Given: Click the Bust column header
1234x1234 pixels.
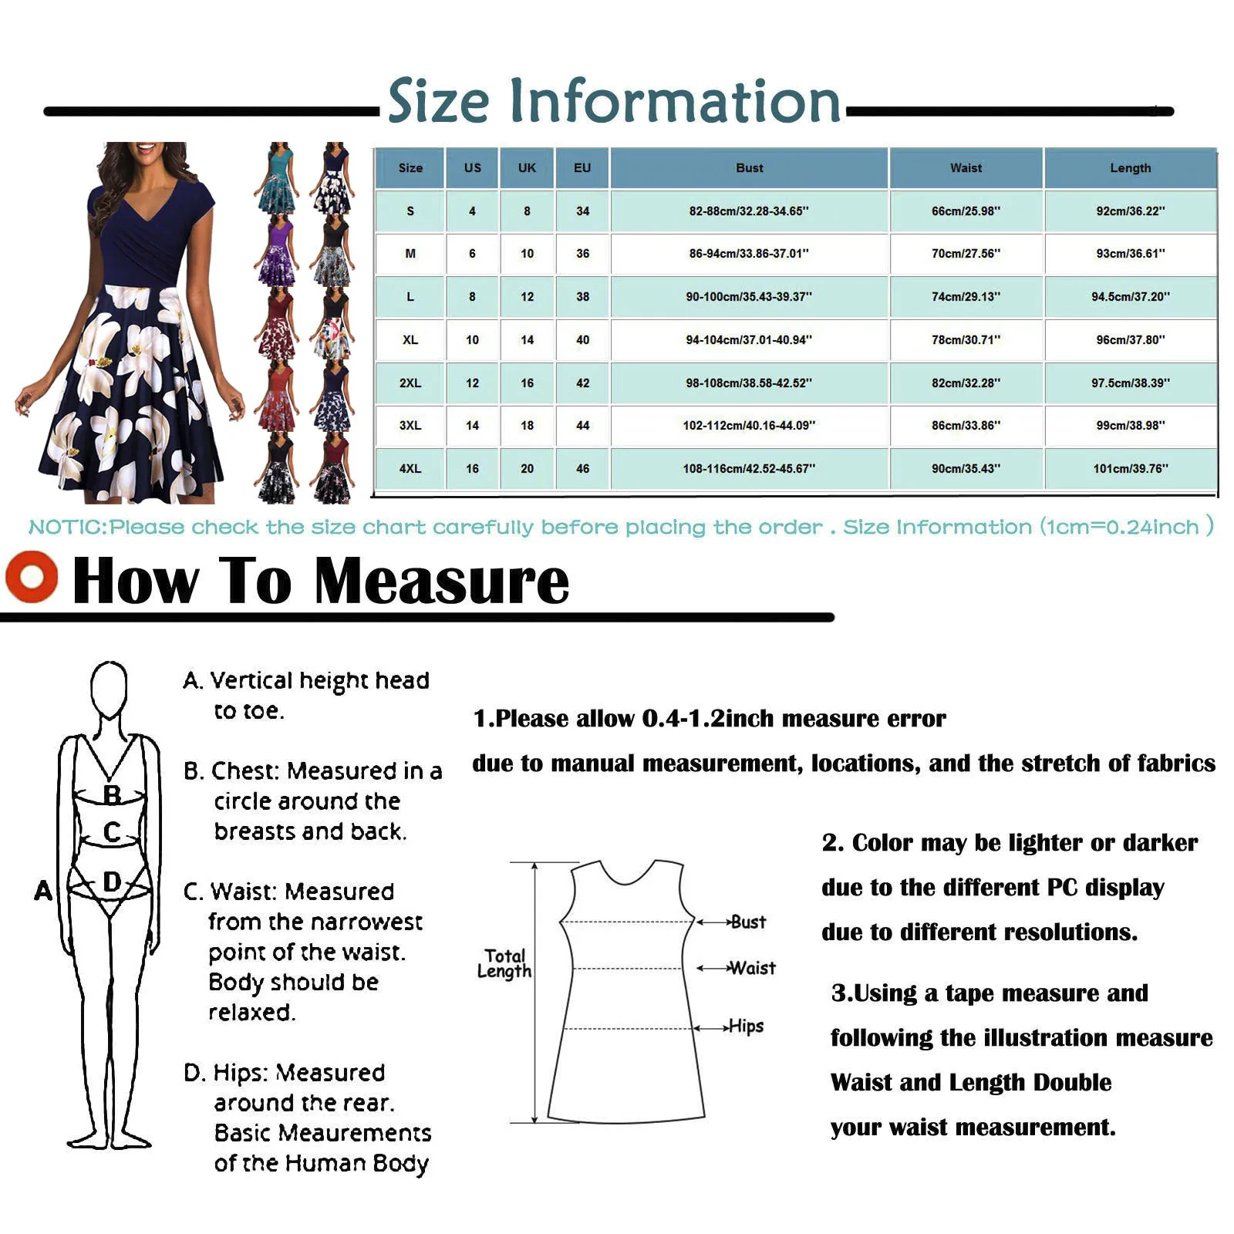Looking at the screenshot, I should click(x=749, y=168).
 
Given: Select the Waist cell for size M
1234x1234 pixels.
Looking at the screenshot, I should click(x=966, y=254).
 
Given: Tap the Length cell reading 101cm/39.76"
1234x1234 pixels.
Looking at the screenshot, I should click(x=1130, y=468).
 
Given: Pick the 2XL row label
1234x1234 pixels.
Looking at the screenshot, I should click(x=410, y=383).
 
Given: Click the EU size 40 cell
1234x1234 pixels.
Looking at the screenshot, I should click(x=582, y=339).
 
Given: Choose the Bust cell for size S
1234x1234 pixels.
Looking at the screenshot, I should click(x=749, y=211).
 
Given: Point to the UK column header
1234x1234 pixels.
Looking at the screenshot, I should click(x=527, y=168).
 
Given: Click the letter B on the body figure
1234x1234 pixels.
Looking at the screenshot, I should click(x=112, y=794).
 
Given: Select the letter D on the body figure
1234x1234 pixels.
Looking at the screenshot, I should click(x=112, y=882).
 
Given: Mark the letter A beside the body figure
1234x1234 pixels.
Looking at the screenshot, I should click(x=43, y=891).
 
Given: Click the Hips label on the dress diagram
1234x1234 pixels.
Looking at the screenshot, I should click(x=746, y=1027).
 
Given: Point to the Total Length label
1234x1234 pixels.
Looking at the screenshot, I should click(x=504, y=964).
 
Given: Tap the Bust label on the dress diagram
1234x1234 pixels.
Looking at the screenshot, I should click(x=748, y=922).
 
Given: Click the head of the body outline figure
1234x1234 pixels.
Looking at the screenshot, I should click(x=109, y=688).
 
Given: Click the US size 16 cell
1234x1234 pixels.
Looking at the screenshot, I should click(x=472, y=468).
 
